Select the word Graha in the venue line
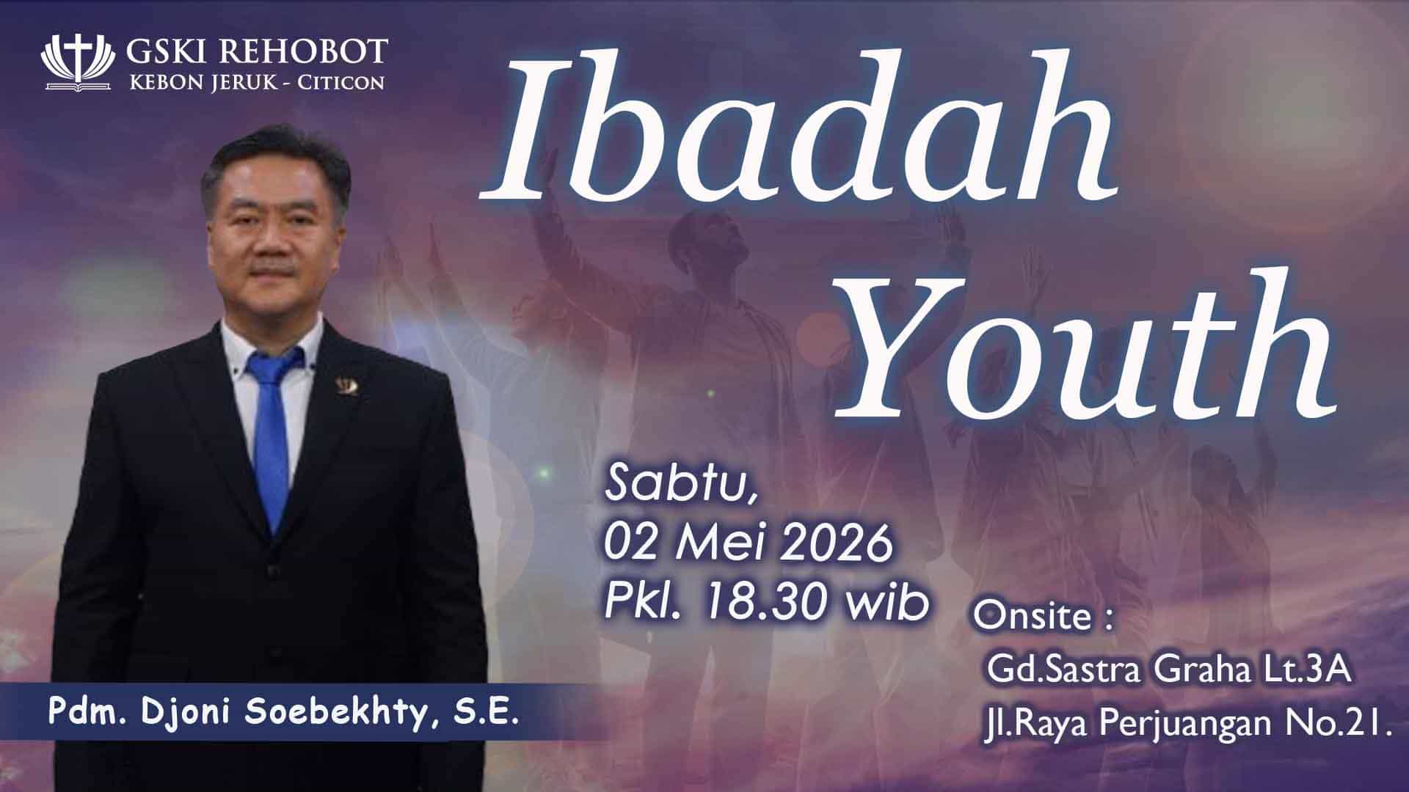coord(1206,671)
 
